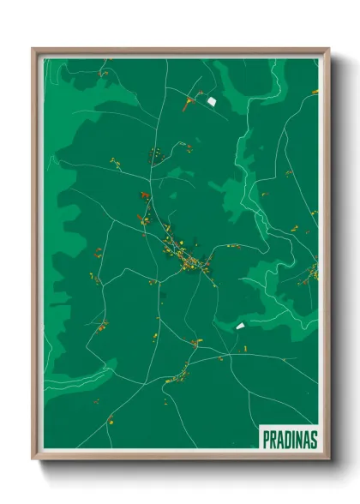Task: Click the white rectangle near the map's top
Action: pyautogui.click(x=211, y=101)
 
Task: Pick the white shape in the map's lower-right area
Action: pyautogui.click(x=240, y=326)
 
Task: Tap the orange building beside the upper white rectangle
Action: pyautogui.click(x=189, y=105)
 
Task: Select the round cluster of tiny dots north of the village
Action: pyautogui.click(x=156, y=155)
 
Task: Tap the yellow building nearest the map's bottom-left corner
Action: pyautogui.click(x=110, y=419)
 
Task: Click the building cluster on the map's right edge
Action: pyautogui.click(x=313, y=273)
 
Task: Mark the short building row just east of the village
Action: pyautogui.click(x=233, y=246)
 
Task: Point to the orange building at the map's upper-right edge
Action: pyautogui.click(x=314, y=91)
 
